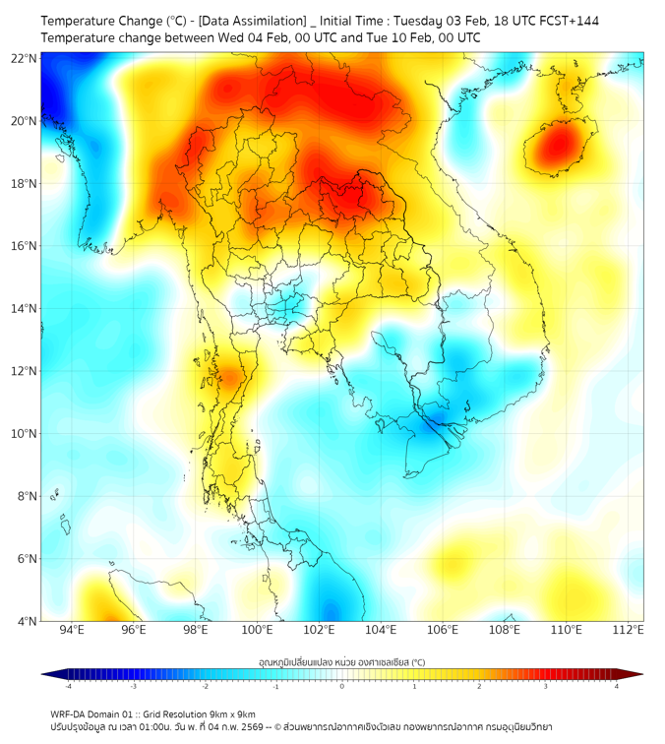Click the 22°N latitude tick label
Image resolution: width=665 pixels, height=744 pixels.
pos(24,59)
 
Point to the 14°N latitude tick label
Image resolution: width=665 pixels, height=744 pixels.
pos(24,309)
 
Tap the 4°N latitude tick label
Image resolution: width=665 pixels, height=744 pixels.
pos(27,621)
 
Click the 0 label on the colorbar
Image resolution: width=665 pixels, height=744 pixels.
pos(342,686)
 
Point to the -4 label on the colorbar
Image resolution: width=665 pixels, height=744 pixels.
pos(67,686)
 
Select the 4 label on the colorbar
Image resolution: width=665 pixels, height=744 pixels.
pos(617,686)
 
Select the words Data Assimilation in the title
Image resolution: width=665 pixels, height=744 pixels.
pos(251,21)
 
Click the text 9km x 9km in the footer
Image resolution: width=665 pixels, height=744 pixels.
pos(225,713)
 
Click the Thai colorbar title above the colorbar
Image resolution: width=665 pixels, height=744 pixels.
pos(341,662)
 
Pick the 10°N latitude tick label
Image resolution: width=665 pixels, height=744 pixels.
pos(24,434)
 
